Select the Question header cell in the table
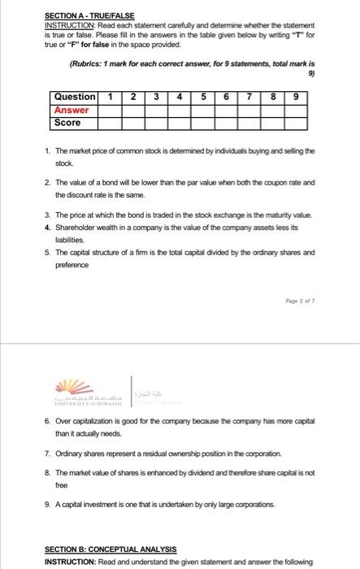click(x=74, y=97)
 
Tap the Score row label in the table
click(x=67, y=123)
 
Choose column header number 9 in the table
click(x=297, y=97)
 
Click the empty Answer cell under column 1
click(x=109, y=110)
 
